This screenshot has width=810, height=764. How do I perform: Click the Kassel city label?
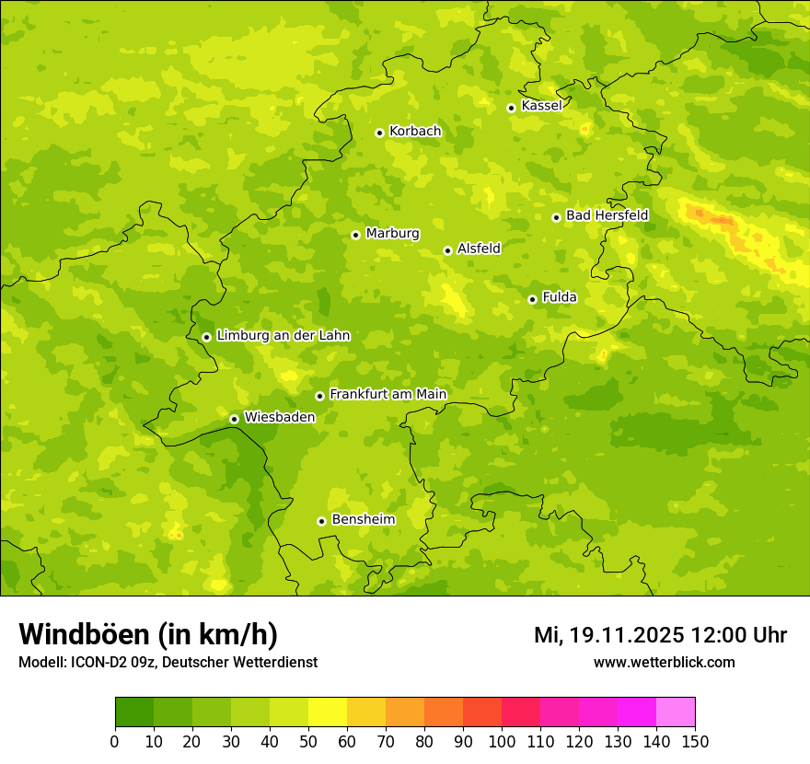[541, 106]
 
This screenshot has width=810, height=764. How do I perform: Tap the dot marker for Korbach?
[379, 133]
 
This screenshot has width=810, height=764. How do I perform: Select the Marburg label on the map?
[392, 234]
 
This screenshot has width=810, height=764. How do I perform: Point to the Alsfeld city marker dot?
[447, 250]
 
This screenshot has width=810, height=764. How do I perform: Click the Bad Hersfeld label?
[607, 215]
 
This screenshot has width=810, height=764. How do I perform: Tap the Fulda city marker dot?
[532, 299]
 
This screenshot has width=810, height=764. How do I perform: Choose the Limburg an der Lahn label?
[283, 336]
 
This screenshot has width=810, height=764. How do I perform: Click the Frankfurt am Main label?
[388, 395]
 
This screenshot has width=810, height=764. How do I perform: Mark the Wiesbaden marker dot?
[234, 419]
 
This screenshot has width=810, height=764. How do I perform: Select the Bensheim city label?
[363, 520]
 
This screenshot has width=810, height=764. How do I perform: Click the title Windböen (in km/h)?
[148, 634]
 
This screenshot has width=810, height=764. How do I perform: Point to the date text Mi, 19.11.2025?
[608, 635]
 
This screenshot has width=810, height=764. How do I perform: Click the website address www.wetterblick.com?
[664, 663]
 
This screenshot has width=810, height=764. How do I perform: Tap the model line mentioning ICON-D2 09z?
[168, 663]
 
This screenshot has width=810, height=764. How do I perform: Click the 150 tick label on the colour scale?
[695, 741]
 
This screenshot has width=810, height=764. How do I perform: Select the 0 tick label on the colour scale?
[115, 741]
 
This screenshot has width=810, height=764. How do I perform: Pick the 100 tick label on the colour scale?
[502, 741]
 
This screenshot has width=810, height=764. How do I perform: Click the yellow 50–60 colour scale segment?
[328, 712]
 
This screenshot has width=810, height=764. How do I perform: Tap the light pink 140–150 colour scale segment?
[676, 712]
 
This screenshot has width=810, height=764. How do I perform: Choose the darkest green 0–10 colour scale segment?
[134, 712]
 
